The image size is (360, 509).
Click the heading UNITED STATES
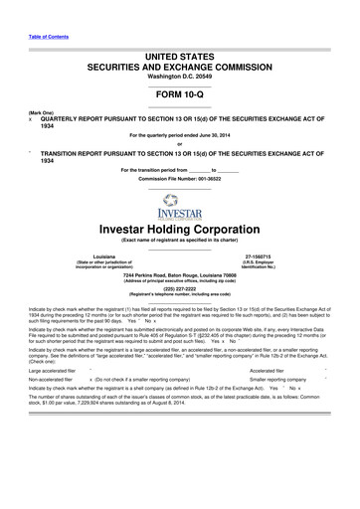click(x=179, y=34)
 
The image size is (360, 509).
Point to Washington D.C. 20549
click(x=179, y=62)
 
